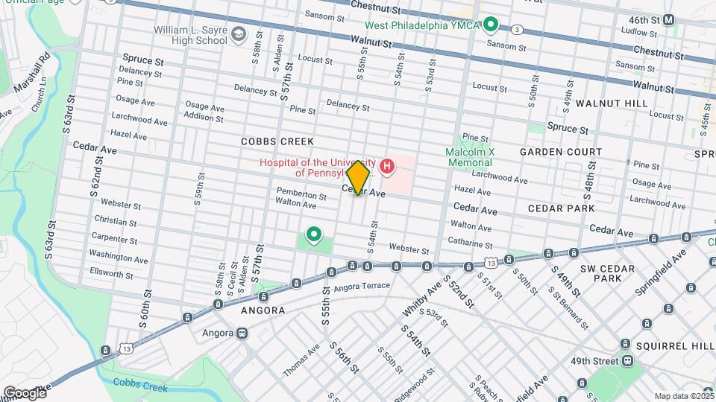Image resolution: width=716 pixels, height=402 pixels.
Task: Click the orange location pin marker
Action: (x=358, y=177)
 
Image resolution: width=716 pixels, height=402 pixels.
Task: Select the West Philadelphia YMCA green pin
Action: (x=490, y=25)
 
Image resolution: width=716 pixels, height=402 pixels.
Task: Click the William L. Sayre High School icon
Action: (x=238, y=33)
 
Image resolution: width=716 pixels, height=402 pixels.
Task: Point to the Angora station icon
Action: (x=242, y=333)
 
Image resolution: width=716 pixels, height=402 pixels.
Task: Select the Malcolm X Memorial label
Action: (x=470, y=156)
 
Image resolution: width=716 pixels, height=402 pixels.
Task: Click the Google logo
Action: (x=24, y=392)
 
